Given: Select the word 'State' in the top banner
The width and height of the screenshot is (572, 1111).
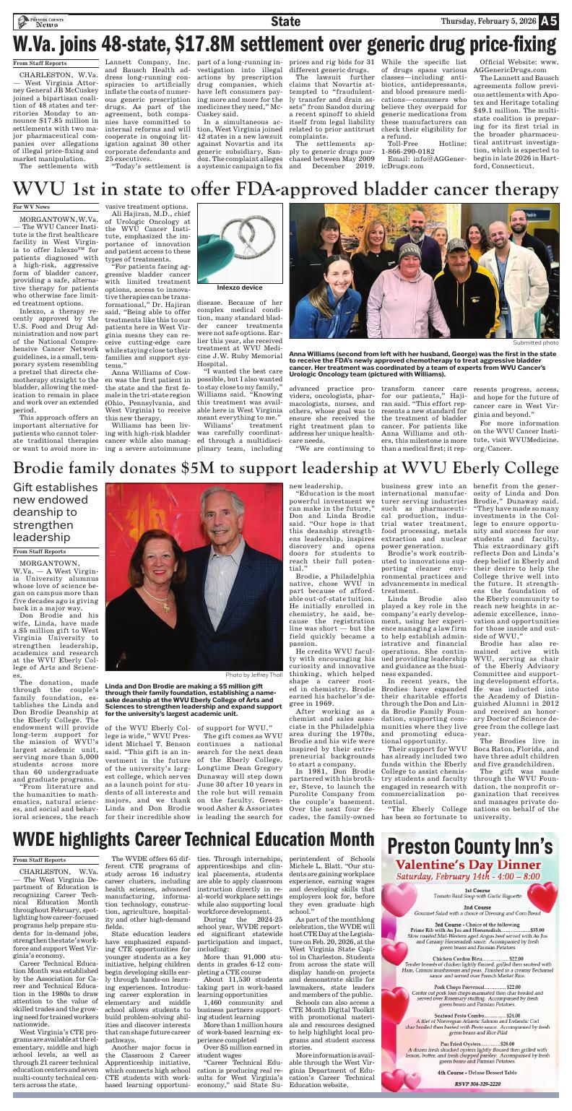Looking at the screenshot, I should pyautogui.click(x=285, y=22).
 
